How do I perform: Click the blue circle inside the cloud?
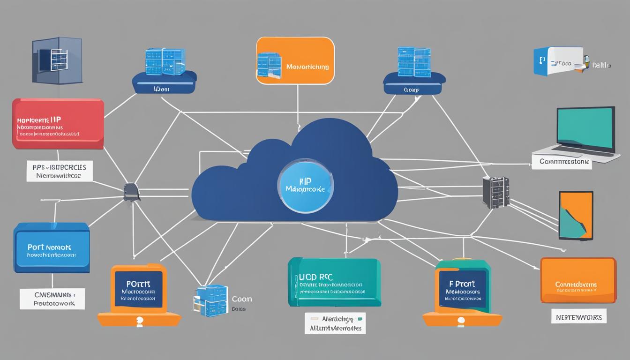pos(306,187)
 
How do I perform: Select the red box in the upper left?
pos(58,124)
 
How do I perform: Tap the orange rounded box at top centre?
pos(295,61)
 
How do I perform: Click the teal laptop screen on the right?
pos(585,127)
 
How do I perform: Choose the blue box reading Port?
pos(52,247)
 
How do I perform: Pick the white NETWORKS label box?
pos(578,316)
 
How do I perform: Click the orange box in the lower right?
pos(578,280)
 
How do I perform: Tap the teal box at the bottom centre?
pos(334,282)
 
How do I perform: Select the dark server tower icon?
pos(495,192)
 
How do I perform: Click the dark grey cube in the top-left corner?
pos(57,61)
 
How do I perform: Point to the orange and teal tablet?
pos(576,215)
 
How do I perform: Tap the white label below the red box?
pos(59,171)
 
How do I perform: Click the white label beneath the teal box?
pos(335,323)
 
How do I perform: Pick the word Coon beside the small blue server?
pos(242,299)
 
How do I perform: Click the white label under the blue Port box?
pos(52,299)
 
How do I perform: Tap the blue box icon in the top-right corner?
pos(558,61)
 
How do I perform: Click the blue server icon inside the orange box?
pos(269,65)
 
